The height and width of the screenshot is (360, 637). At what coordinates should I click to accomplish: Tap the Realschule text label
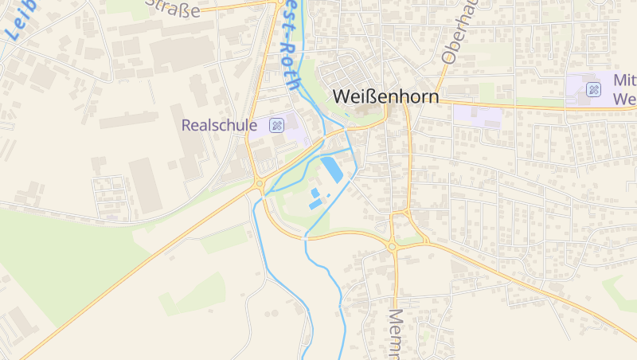[x=219, y=125]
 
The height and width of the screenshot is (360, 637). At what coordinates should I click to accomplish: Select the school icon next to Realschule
[x=276, y=125]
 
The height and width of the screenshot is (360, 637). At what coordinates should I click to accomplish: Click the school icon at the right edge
[x=593, y=89]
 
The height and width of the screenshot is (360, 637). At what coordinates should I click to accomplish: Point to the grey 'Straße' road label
[x=173, y=9]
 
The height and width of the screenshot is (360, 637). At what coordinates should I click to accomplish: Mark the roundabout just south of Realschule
[x=260, y=185]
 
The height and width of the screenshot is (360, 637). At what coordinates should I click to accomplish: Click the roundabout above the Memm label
[x=392, y=247]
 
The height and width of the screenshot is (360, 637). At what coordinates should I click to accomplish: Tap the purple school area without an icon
[x=478, y=115]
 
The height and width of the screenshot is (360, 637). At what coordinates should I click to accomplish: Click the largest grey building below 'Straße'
[x=182, y=53]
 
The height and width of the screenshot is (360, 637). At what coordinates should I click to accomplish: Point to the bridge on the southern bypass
[x=305, y=237]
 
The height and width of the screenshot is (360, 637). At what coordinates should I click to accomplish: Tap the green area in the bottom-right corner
[x=621, y=291]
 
